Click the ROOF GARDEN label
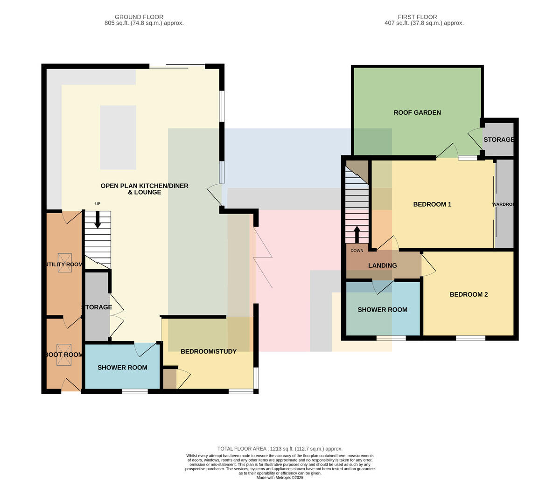(x=417, y=112)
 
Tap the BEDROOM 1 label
(x=432, y=204)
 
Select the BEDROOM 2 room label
(x=469, y=294)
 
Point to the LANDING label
(x=382, y=265)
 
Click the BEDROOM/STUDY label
(x=209, y=351)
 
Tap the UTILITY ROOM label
(x=64, y=264)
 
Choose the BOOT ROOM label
(x=64, y=355)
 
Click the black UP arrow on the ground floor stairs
(x=98, y=219)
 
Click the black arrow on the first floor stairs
(x=357, y=235)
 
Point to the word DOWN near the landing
(x=357, y=250)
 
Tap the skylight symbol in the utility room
(x=65, y=263)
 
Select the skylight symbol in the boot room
(x=64, y=355)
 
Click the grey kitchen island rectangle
(x=118, y=137)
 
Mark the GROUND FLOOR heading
(x=139, y=17)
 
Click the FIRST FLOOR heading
(x=417, y=17)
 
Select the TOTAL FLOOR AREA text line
(x=280, y=449)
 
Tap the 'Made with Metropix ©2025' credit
(x=280, y=478)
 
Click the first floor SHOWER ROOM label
(x=382, y=310)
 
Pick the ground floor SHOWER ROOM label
(x=122, y=368)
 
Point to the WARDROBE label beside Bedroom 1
(x=503, y=204)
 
